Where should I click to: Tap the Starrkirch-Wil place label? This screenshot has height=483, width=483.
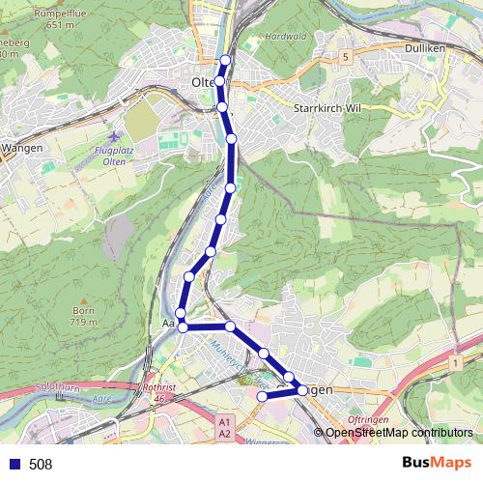[x=325, y=109]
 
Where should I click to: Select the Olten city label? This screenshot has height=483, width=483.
[x=203, y=83]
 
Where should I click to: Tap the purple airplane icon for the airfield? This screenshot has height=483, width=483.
[x=117, y=138]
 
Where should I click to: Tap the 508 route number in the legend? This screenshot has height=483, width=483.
[x=41, y=465]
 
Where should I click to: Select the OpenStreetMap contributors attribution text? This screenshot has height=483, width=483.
[x=399, y=433]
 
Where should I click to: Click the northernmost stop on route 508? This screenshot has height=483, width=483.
[x=226, y=61]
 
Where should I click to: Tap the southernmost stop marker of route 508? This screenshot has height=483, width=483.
[x=262, y=396]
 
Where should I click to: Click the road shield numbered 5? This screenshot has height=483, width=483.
[x=345, y=58]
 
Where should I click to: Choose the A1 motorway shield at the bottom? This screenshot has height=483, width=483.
[x=225, y=422]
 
